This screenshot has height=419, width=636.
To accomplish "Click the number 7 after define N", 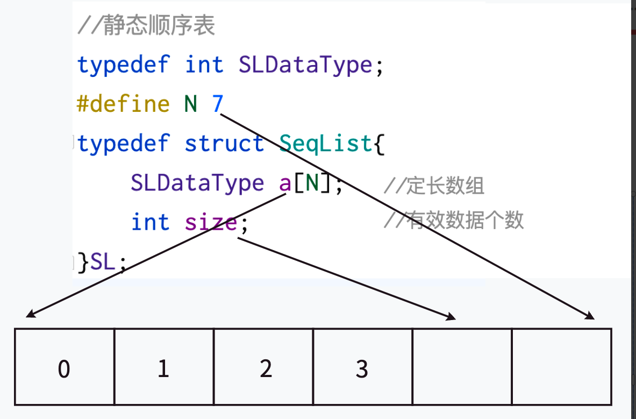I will click(x=217, y=104).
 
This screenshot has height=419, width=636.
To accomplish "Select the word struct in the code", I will click(x=224, y=144).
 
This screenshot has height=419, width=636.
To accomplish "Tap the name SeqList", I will click(x=326, y=144).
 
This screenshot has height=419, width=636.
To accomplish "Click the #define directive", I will click(x=123, y=104).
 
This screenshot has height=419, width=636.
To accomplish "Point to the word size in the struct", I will click(x=211, y=223).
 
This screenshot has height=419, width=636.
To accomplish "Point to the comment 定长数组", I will click(x=434, y=186).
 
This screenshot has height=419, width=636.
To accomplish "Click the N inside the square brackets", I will click(x=312, y=184).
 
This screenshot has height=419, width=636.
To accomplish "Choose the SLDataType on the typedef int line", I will click(x=305, y=65).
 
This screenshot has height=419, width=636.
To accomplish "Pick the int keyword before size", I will click(x=150, y=223).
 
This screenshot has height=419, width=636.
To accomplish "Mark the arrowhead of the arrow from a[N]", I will click(x=30, y=314).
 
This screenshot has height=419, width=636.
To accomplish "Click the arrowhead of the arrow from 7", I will click(x=591, y=316).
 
